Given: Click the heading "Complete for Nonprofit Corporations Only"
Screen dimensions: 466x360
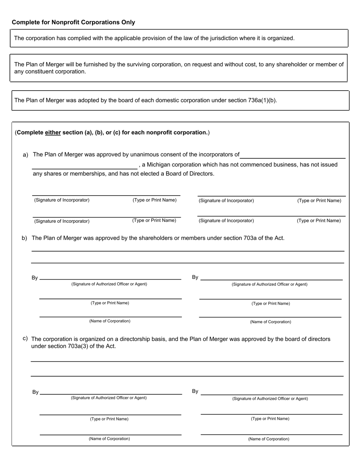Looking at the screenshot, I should [x=73, y=22].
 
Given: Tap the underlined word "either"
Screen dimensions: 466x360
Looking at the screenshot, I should [x=53, y=133].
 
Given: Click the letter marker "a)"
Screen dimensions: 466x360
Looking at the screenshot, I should [x=25, y=155].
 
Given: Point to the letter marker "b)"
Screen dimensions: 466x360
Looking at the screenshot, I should [x=24, y=238].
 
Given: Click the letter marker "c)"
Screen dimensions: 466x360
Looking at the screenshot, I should [x=25, y=338].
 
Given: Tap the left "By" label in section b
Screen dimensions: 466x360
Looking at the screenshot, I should [x=34, y=278].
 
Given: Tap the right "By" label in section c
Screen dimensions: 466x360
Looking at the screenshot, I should [x=195, y=391].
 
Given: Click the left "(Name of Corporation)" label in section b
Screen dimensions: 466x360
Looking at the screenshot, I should [x=110, y=321].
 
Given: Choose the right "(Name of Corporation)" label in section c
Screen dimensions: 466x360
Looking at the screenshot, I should [x=269, y=439].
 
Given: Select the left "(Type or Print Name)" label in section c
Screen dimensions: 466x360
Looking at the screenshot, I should [x=109, y=419].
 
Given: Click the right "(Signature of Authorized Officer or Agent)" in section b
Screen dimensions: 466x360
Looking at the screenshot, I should [x=269, y=284].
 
